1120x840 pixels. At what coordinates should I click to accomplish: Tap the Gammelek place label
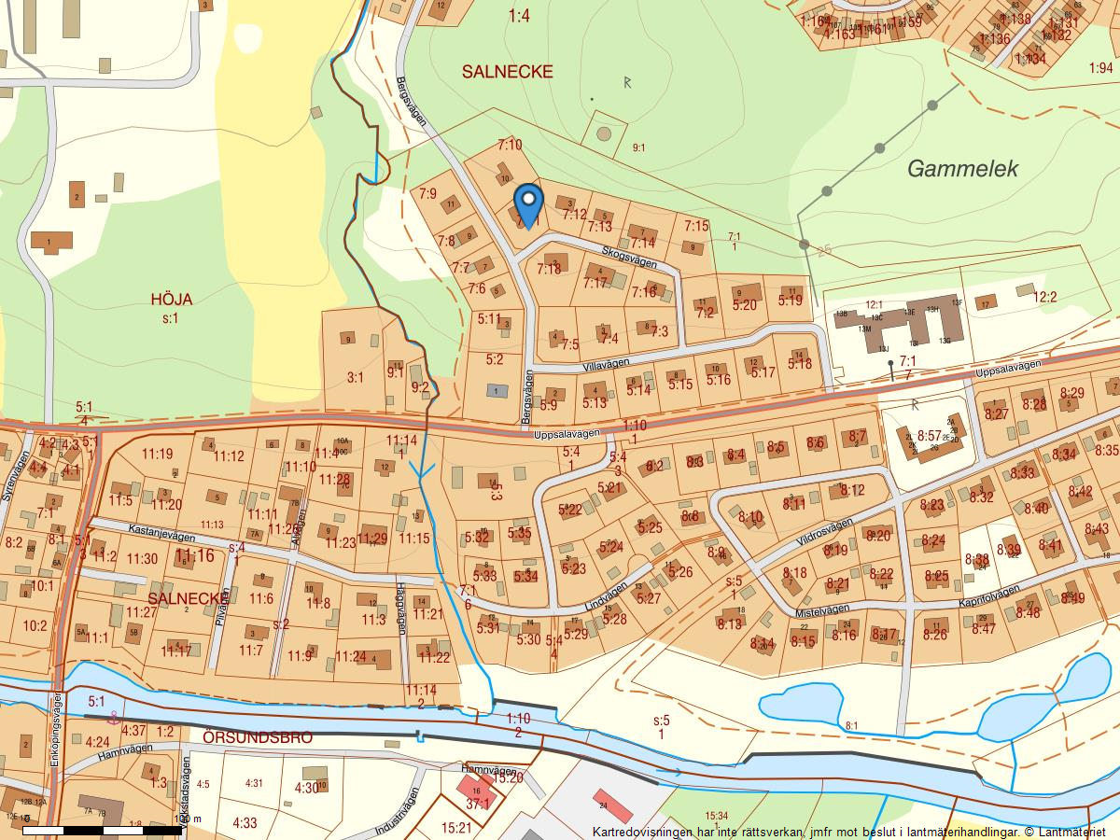click(962, 169)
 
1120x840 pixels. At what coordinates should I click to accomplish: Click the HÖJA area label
click(171, 300)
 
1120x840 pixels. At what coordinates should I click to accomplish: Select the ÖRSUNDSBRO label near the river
click(258, 736)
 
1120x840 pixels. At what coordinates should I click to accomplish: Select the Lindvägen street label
click(606, 595)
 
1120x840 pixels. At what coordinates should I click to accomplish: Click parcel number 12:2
click(1044, 297)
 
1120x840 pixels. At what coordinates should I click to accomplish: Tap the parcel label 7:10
click(509, 145)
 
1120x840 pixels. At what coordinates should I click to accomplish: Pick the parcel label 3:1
click(355, 378)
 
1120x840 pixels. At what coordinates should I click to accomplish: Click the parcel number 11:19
click(157, 455)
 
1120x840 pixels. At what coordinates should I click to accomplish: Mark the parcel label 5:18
click(800, 364)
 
